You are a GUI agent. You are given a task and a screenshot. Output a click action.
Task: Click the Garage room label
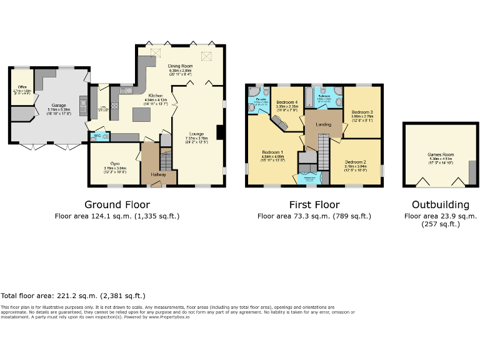[58, 106]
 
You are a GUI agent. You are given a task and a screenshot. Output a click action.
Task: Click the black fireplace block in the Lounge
[220, 132]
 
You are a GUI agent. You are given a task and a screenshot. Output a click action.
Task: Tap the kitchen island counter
[142, 114]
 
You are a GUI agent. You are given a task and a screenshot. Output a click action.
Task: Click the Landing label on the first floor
[323, 124]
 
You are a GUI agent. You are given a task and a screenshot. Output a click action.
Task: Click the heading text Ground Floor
[117, 204]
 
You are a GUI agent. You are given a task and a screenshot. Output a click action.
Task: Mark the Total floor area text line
[72, 296]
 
